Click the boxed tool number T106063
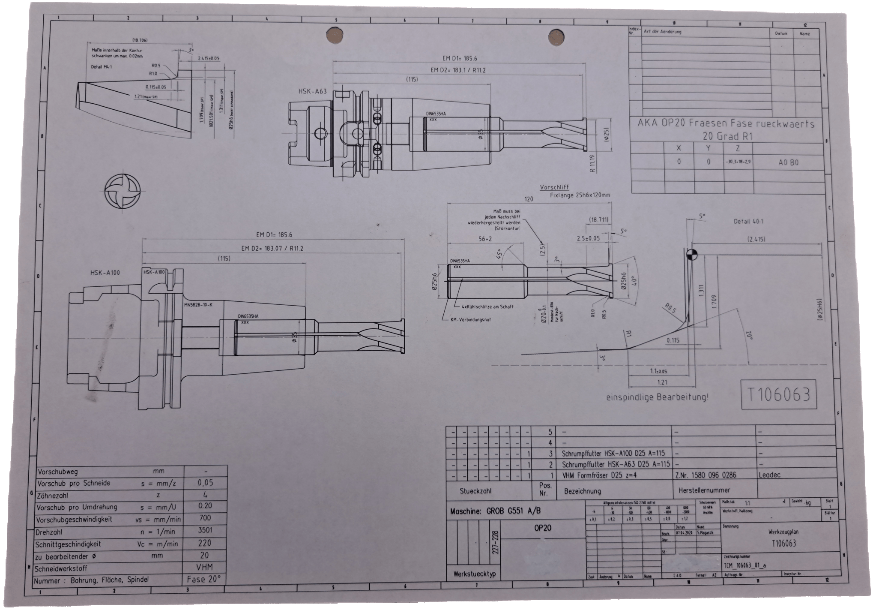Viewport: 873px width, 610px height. (779, 394)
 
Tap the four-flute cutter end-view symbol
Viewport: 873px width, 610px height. (123, 192)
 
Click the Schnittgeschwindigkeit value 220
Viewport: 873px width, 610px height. (205, 543)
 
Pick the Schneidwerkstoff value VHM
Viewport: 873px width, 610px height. (205, 567)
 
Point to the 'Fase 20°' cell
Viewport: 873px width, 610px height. (204, 579)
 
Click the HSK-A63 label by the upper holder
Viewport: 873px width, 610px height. (312, 91)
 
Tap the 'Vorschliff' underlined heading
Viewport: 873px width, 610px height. (554, 187)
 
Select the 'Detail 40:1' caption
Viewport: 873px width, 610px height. (748, 222)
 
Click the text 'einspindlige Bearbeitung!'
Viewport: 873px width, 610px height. (657, 397)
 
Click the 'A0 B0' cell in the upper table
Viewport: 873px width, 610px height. (788, 162)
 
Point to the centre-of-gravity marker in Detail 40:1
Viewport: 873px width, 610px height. (691, 255)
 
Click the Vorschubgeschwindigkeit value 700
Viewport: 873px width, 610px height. (205, 518)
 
